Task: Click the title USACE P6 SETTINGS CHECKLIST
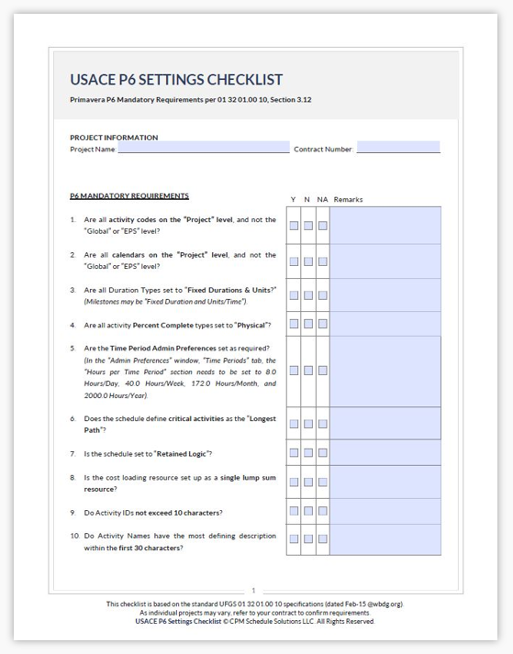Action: click(176, 80)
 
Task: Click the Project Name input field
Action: click(203, 148)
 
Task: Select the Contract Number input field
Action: click(398, 148)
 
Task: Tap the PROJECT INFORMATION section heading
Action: click(114, 138)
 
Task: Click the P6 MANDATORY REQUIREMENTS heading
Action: click(129, 195)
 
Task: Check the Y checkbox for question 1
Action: click(294, 226)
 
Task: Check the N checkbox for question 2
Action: click(308, 260)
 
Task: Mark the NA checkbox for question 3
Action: click(322, 295)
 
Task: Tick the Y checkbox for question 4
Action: click(294, 325)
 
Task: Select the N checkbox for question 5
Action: click(308, 371)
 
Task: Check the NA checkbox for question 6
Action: click(322, 424)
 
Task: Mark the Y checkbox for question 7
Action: click(294, 454)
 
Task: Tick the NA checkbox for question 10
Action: click(322, 541)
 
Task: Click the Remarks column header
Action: click(349, 199)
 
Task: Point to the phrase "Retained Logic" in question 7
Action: click(184, 454)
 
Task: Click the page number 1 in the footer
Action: click(253, 591)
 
